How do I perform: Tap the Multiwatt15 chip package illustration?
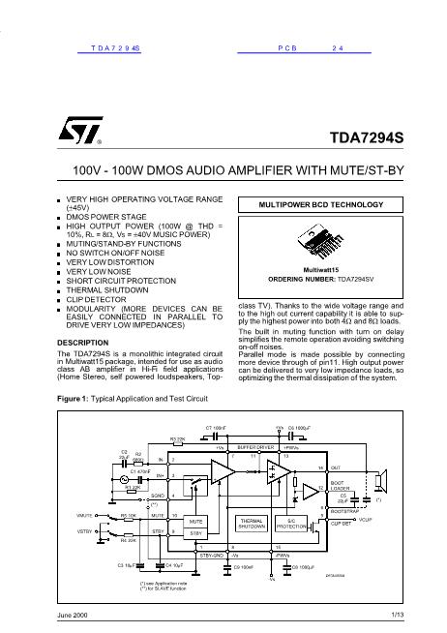coord(316,242)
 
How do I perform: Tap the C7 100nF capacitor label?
coord(216,426)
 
